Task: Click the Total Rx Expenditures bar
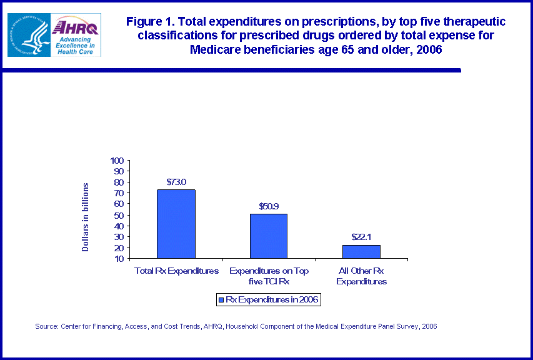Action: pyautogui.click(x=176, y=224)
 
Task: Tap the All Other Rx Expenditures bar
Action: pyautogui.click(x=361, y=251)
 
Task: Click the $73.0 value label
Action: pyautogui.click(x=176, y=182)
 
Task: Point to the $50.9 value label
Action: pyautogui.click(x=269, y=206)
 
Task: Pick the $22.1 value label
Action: pyautogui.click(x=361, y=237)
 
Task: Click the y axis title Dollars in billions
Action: pyautogui.click(x=86, y=217)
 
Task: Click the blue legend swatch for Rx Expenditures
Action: pyautogui.click(x=220, y=300)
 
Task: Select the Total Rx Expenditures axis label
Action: pyautogui.click(x=177, y=271)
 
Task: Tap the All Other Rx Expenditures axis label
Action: pyautogui.click(x=361, y=276)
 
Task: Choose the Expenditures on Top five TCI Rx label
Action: pyautogui.click(x=269, y=276)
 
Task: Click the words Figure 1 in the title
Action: pyautogui.click(x=149, y=22)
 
